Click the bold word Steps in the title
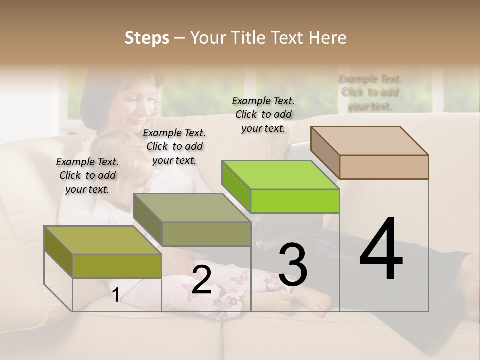coord(147,38)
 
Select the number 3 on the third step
coord(292,265)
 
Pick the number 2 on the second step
coord(201,280)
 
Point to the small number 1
coord(115,295)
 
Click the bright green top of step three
coord(280,175)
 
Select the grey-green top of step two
coord(191,207)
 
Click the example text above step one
coord(87,175)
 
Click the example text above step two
coord(174,146)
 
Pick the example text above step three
coord(263,114)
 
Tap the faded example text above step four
coord(370,92)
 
